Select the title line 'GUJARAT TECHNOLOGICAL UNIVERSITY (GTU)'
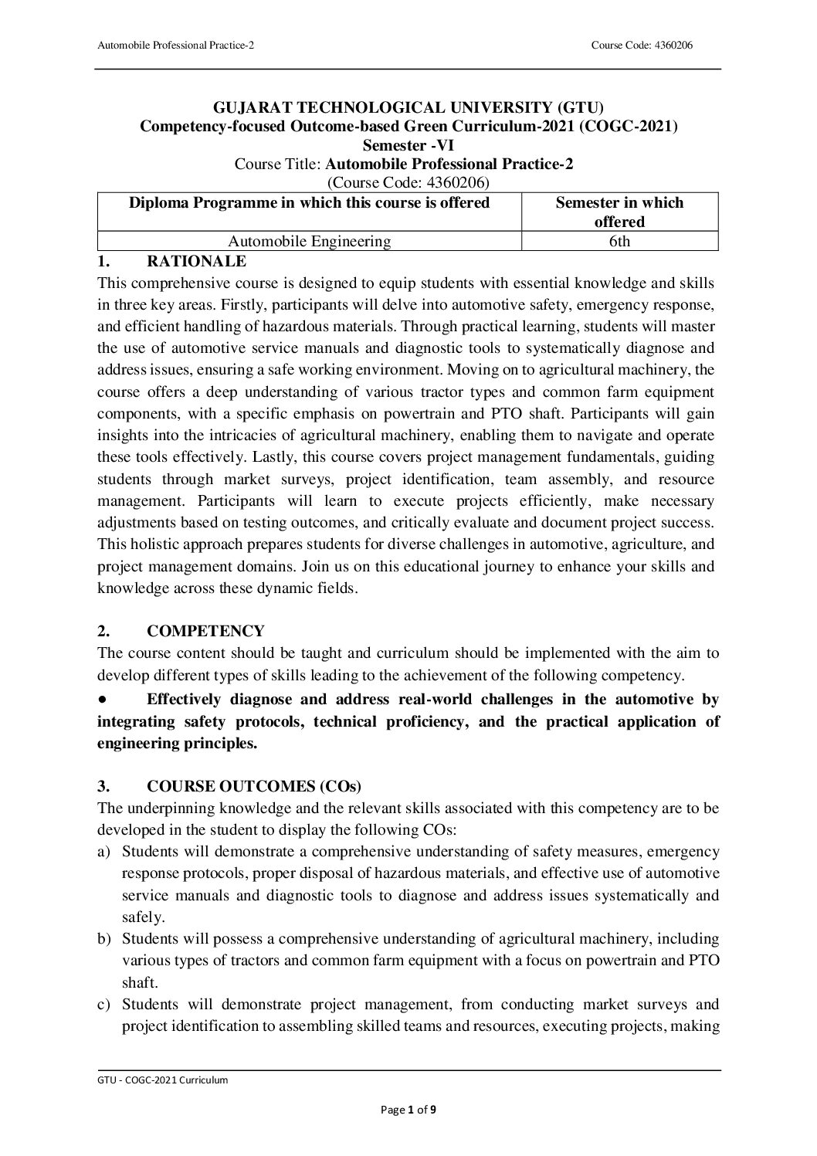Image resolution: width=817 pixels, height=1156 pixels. (408, 107)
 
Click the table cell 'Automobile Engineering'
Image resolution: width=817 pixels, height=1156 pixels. (310, 242)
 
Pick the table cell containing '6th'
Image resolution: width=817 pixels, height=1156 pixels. (619, 242)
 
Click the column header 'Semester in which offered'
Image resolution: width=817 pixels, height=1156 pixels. (619, 212)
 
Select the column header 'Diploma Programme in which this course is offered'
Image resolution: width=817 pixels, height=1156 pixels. (309, 203)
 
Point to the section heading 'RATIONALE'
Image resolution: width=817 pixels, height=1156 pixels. (197, 261)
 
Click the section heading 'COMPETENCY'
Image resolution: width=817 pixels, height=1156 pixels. (205, 631)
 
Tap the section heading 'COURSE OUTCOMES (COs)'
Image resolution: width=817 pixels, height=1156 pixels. (254, 787)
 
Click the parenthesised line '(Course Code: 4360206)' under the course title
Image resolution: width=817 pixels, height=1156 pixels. (408, 182)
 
